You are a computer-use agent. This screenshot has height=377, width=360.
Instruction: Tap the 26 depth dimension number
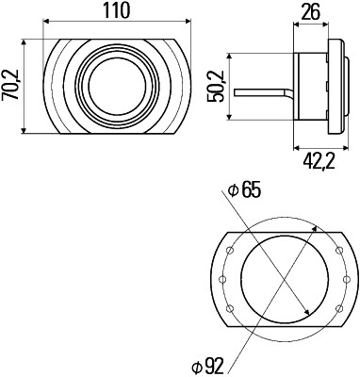click(x=312, y=12)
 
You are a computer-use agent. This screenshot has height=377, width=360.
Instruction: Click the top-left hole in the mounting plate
click(x=227, y=251)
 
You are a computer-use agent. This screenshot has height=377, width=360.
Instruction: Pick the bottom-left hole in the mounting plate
click(x=227, y=309)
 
